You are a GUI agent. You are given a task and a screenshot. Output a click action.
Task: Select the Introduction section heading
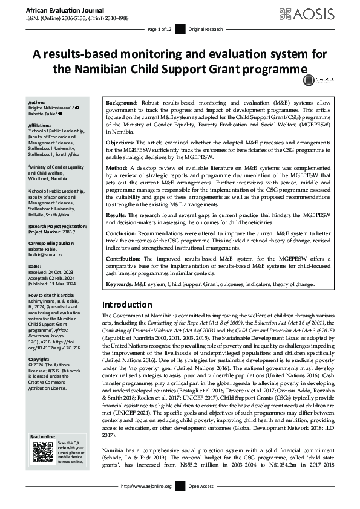point(127,304)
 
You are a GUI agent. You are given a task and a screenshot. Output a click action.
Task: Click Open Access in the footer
point(203,502)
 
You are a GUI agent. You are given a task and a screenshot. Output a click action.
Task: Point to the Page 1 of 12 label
point(160,30)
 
